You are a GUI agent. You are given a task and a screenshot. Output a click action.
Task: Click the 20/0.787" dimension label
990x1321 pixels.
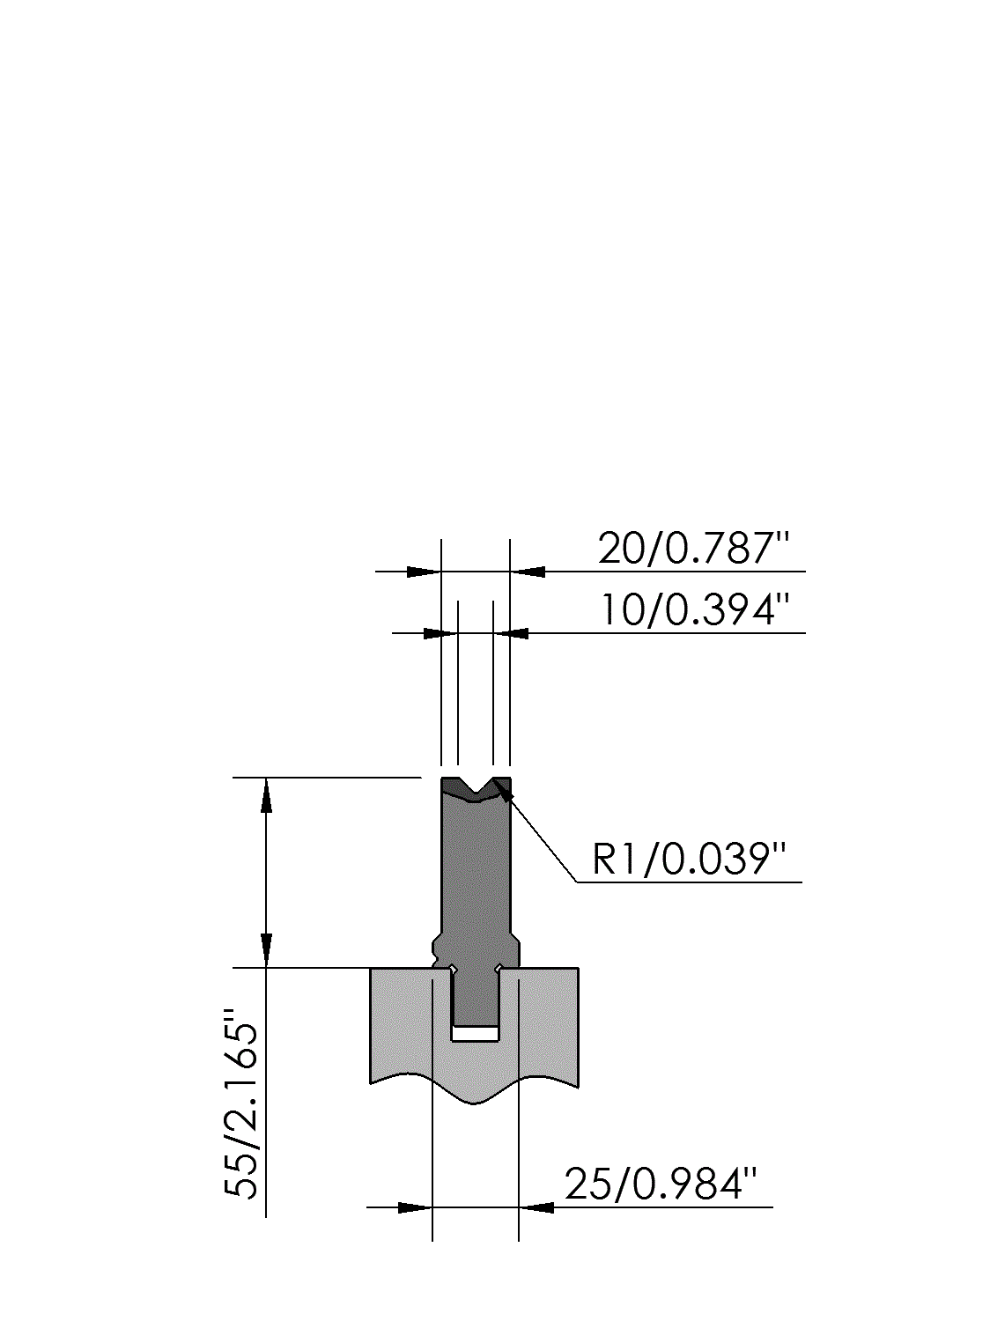[692, 549]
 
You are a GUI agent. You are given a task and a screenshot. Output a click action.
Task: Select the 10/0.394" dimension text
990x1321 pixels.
[695, 610]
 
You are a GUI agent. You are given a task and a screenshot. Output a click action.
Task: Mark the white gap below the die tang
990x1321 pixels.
[476, 1033]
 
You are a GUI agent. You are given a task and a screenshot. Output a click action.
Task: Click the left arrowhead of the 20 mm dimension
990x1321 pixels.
[424, 572]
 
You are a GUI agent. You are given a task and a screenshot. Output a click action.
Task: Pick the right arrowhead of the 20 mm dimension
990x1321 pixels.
[528, 572]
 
